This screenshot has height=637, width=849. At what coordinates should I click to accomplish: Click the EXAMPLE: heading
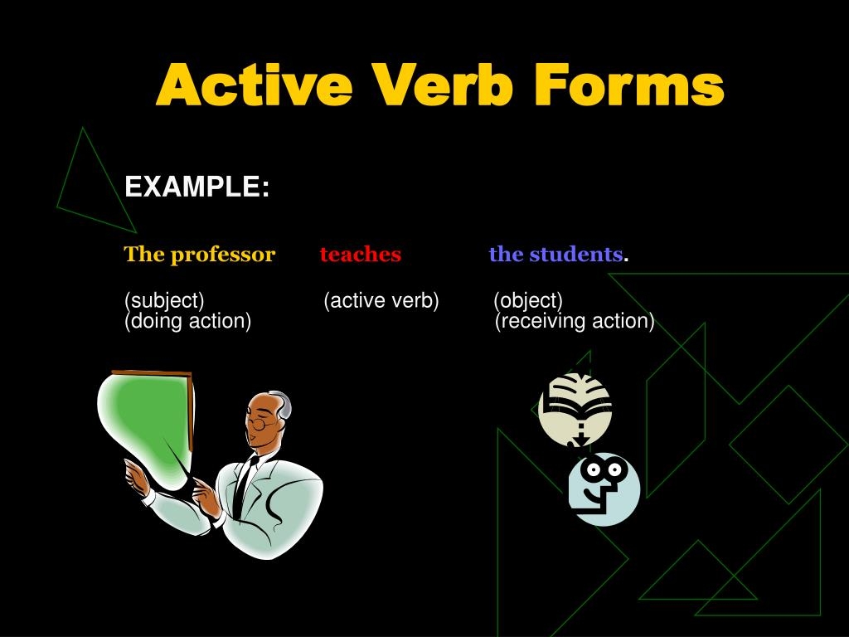pyautogui.click(x=197, y=187)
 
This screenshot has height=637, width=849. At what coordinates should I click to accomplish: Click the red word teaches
pyautogui.click(x=360, y=255)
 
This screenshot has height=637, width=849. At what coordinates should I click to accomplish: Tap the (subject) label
pyautogui.click(x=164, y=300)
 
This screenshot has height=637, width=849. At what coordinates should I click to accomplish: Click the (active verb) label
pyautogui.click(x=381, y=300)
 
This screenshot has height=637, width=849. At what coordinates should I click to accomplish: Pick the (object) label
pyautogui.click(x=528, y=300)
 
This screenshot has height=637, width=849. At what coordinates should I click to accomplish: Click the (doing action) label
pyautogui.click(x=187, y=321)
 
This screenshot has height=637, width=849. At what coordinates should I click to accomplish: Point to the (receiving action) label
pyautogui.click(x=575, y=321)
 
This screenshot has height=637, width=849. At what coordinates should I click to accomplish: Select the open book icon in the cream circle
pyautogui.click(x=575, y=405)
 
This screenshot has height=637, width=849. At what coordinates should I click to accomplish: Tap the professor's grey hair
pyautogui.click(x=282, y=406)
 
